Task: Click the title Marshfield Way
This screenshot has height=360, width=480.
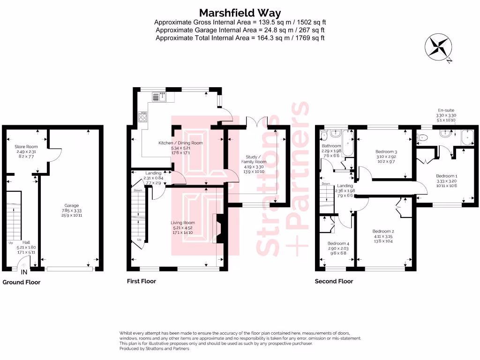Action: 240,12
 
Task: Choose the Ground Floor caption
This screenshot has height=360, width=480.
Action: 22,282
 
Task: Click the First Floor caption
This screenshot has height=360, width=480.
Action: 141,281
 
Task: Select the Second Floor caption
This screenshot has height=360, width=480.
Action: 333,281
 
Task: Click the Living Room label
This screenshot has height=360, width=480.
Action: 182,223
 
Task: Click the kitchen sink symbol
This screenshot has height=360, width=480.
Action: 159,97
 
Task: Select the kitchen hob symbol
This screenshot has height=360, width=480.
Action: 143,117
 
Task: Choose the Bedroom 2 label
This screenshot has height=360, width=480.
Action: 383,231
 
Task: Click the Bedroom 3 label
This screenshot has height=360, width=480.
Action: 386,152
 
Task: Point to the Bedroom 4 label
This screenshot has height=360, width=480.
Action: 338,244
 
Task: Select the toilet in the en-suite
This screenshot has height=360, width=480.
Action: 423,138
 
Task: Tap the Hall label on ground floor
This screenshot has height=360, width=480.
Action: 27,243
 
